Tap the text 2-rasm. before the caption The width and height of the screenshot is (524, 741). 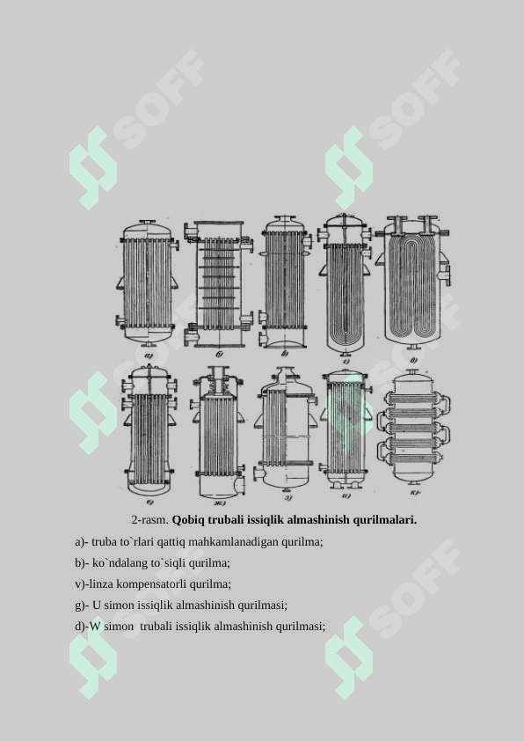149,520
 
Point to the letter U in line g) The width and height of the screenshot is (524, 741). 97,605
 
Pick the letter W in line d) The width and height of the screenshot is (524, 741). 95,627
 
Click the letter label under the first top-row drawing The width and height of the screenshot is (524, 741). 149,356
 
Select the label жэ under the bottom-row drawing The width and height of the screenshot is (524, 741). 220,503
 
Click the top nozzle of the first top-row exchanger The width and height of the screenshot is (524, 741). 148,223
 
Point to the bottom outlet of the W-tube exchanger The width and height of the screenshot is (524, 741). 414,347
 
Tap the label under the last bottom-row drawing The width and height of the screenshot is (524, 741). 414,494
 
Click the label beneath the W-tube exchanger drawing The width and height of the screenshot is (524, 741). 413,360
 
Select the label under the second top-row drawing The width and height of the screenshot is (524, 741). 219,354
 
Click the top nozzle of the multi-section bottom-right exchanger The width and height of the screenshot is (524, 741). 413,373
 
